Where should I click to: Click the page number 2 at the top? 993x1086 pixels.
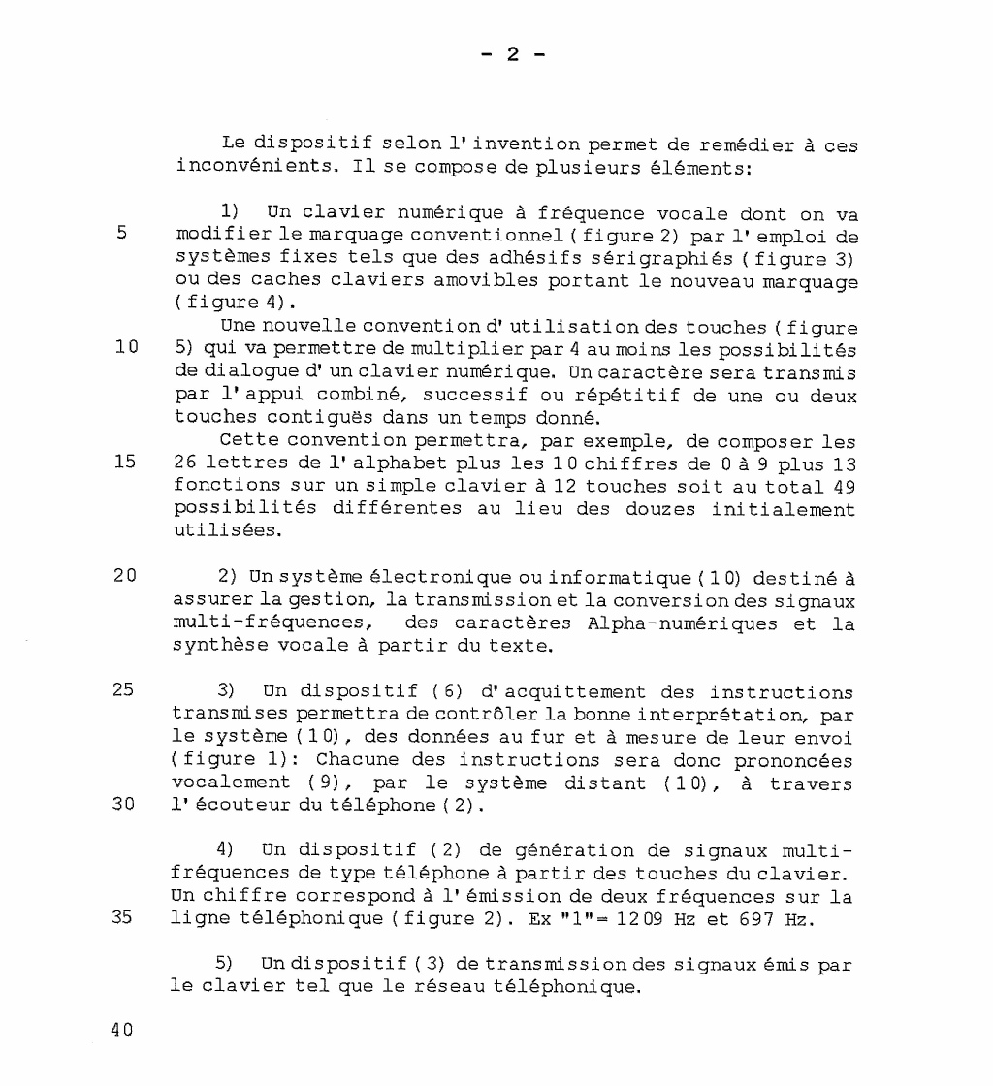pyautogui.click(x=514, y=55)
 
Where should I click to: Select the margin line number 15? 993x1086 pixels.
pyautogui.click(x=123, y=462)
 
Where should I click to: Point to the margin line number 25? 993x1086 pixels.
pyautogui.click(x=123, y=691)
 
